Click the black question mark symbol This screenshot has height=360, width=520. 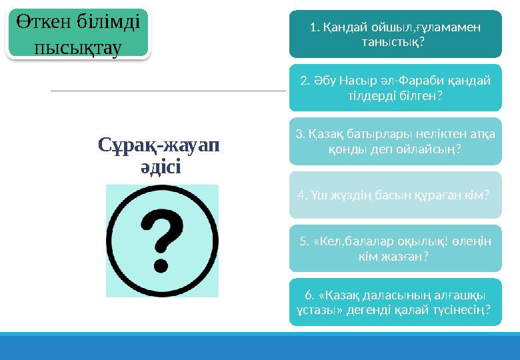[x=162, y=241]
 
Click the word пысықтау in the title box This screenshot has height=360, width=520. [x=78, y=46]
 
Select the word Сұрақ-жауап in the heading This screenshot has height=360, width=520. [x=159, y=144]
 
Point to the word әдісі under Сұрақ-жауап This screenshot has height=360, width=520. [x=159, y=166]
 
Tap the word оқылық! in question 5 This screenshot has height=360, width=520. [x=416, y=241]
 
